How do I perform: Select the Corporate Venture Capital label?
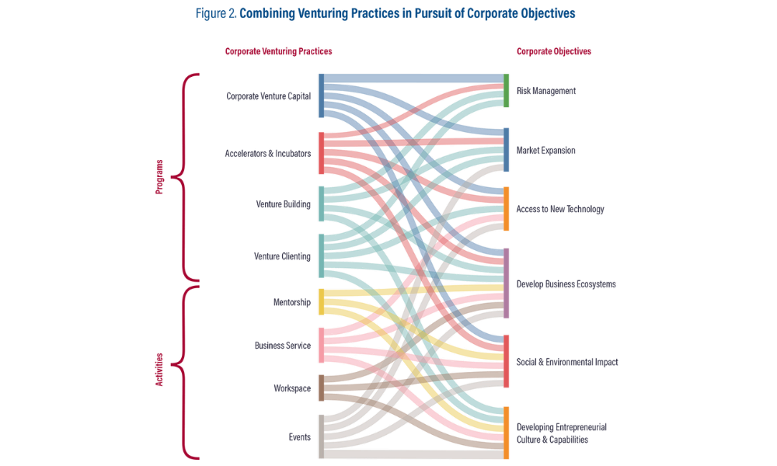tap(268, 97)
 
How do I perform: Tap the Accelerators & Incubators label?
tap(268, 153)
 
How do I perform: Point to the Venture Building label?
tap(283, 204)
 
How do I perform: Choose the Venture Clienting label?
tap(282, 256)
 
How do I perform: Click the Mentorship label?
tap(291, 302)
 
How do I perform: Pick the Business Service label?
tap(283, 345)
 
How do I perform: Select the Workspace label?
tap(292, 388)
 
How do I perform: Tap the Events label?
tap(299, 436)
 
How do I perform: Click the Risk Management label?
tap(546, 91)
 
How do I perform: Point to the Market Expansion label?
tap(546, 151)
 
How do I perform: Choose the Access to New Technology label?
tap(560, 209)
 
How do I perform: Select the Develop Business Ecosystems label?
tap(566, 284)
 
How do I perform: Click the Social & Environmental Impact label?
tap(567, 362)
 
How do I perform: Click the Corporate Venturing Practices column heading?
tap(278, 51)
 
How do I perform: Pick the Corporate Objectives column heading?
tap(554, 51)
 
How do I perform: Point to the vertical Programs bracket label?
tap(159, 177)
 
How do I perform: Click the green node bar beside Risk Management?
tap(506, 91)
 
